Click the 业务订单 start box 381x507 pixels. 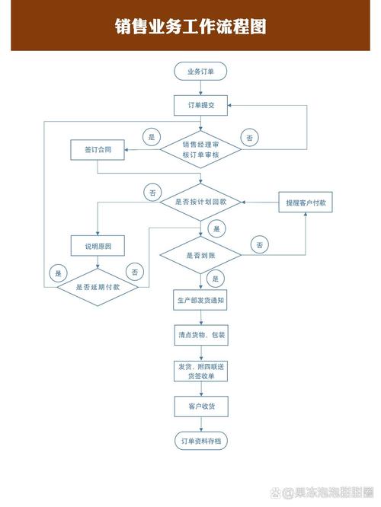pos(200,72)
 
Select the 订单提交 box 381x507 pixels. pos(200,106)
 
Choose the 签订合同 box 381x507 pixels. pos(98,150)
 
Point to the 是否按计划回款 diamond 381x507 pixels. pos(200,202)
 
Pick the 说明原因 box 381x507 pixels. pos(98,246)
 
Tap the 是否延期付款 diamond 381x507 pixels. pos(98,287)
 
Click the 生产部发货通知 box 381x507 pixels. pos(200,300)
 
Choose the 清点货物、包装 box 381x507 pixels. pos(200,334)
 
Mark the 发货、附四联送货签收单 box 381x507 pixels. pos(200,371)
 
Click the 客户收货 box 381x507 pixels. pos(200,407)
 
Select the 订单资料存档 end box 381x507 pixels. pos(200,442)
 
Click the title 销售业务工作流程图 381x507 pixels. pos(190,27)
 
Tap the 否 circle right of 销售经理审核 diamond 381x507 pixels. pos(250,137)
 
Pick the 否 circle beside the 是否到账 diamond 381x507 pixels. pos(260,244)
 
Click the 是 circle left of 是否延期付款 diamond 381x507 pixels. pos(58,272)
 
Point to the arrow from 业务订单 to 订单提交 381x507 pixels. pos(200,88)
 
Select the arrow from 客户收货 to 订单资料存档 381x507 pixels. pos(200,424)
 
